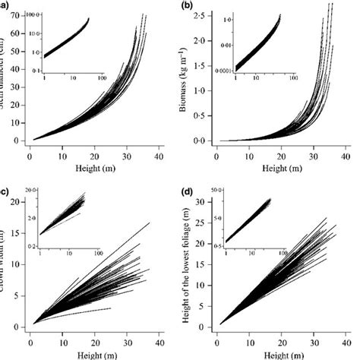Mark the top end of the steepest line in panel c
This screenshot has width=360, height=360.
(x=150, y=223)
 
